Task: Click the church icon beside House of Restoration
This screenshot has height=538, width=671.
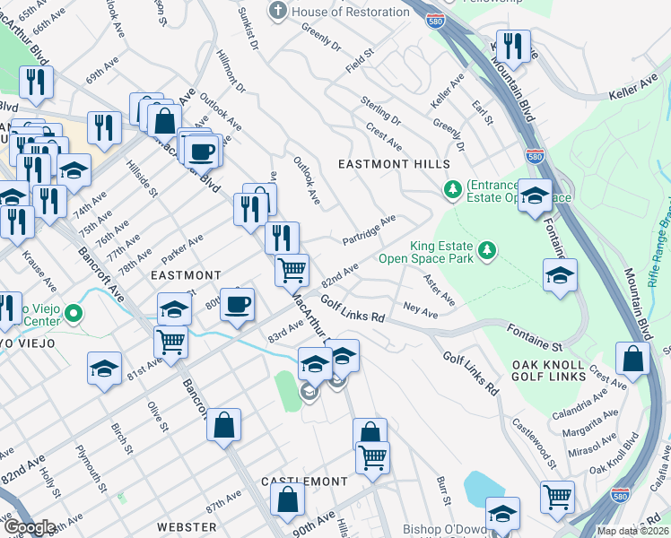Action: (279, 12)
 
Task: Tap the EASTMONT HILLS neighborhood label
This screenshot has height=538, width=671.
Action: (393, 164)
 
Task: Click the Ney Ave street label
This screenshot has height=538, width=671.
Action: (421, 311)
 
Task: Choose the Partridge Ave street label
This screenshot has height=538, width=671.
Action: (369, 230)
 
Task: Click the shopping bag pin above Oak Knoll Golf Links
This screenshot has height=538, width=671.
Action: (633, 359)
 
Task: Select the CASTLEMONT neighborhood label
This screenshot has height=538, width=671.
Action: (304, 482)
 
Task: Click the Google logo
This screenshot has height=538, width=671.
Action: (30, 528)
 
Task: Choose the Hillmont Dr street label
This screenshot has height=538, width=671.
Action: (231, 71)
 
